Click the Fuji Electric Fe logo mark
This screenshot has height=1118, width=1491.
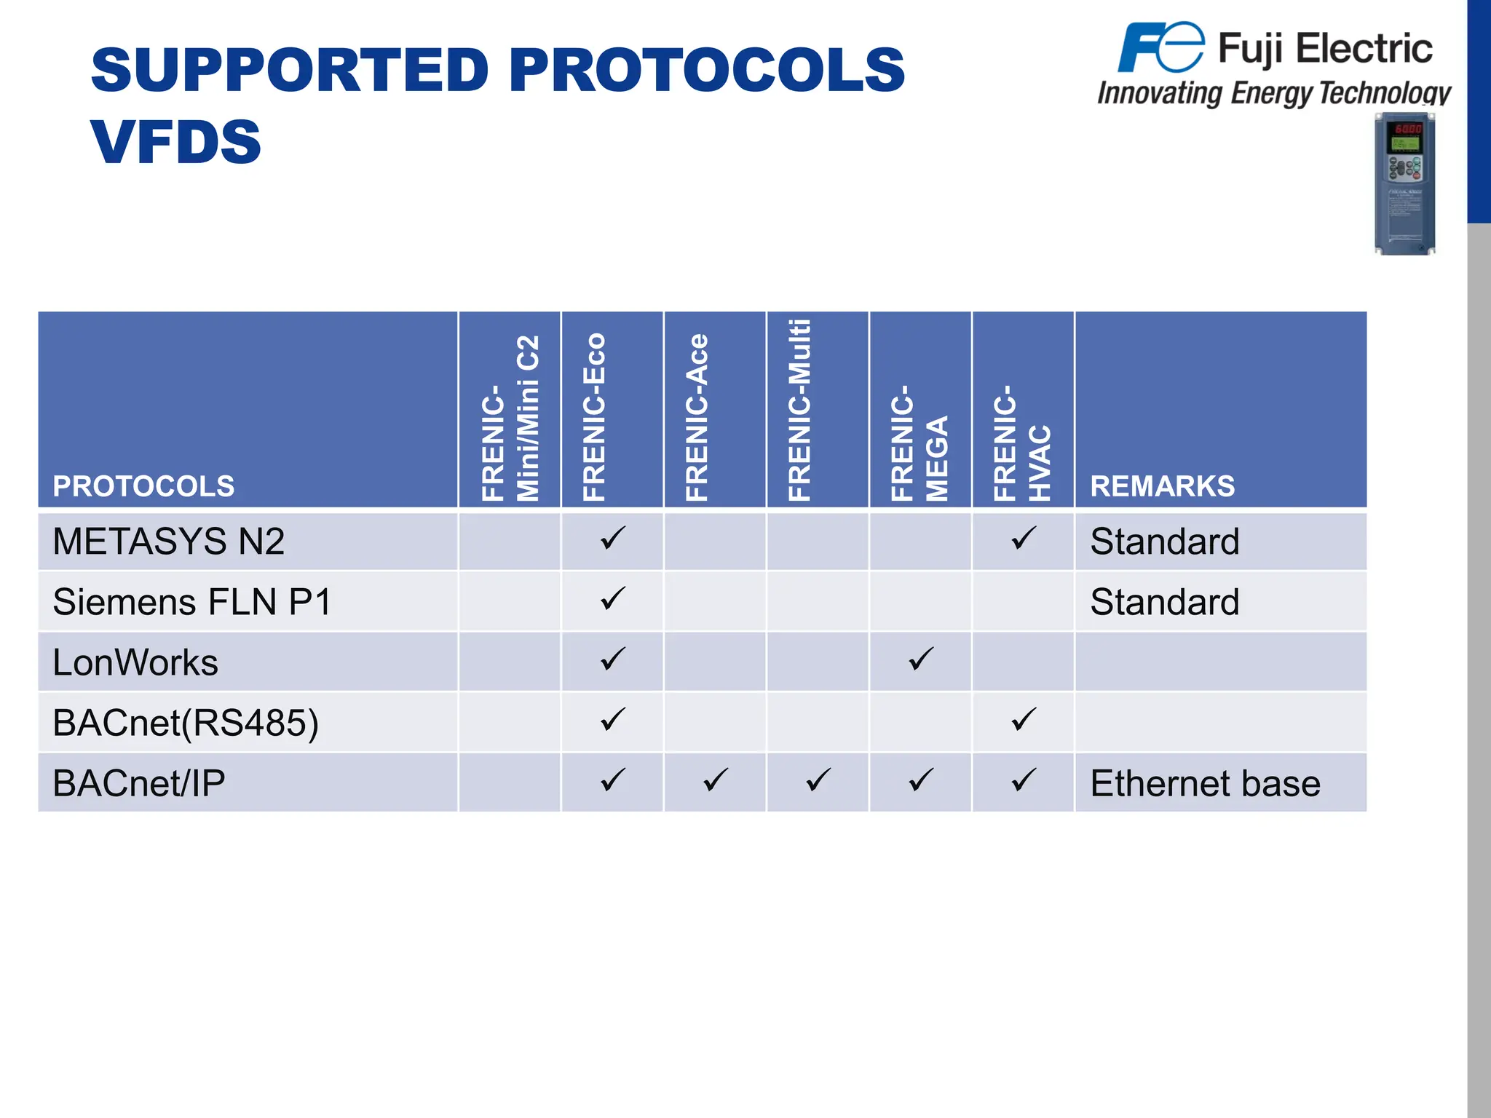(x=1160, y=47)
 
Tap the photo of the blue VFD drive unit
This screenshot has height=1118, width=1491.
(x=1405, y=183)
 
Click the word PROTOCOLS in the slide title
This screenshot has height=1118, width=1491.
(x=707, y=70)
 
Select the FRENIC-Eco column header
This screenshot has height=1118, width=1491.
(x=594, y=416)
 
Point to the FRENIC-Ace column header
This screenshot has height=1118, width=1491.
(x=697, y=416)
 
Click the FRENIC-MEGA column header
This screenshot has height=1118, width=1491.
(x=919, y=443)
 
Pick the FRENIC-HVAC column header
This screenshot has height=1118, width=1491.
(x=1022, y=443)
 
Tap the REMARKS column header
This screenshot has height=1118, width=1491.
(x=1162, y=486)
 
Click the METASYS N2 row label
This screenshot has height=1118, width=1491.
(x=168, y=542)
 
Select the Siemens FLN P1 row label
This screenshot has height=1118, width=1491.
(x=192, y=602)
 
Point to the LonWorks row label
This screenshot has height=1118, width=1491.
(x=135, y=662)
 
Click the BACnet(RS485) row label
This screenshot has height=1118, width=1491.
(x=186, y=723)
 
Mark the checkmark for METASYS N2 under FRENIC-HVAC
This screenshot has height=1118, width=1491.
(x=1023, y=539)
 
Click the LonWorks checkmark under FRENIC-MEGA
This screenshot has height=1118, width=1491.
(x=920, y=659)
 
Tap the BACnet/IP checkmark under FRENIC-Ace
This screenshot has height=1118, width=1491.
(x=715, y=780)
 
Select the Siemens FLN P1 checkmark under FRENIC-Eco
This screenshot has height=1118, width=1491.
(x=612, y=599)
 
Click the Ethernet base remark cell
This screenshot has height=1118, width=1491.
(x=1205, y=784)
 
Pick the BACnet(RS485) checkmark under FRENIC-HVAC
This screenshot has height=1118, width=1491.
(x=1023, y=720)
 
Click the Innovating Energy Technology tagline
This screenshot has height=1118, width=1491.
(x=1274, y=93)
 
